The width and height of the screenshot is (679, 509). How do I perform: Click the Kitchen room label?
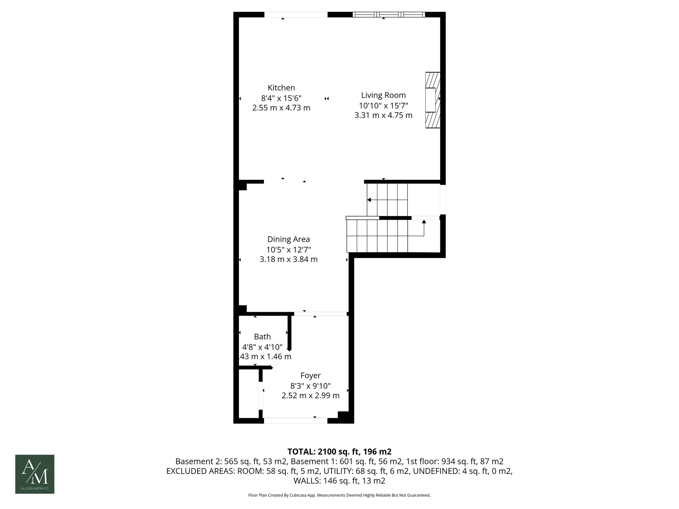click(281, 88)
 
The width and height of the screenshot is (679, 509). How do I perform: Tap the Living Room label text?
click(383, 95)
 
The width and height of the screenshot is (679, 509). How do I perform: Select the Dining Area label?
click(288, 239)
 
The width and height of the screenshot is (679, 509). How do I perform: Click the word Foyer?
click(310, 375)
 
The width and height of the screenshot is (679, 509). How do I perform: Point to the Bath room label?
click(262, 337)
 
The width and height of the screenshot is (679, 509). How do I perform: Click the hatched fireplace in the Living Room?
click(433, 100)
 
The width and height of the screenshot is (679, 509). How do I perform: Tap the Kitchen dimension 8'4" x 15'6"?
click(281, 98)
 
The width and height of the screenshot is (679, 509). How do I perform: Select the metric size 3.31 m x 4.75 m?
click(383, 115)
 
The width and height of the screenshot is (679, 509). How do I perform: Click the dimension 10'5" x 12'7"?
click(288, 250)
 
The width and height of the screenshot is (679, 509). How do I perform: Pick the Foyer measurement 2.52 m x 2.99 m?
click(310, 396)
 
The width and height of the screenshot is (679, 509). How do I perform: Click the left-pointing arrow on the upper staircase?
click(369, 200)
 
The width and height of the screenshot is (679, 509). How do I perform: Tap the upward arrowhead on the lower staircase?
click(424, 222)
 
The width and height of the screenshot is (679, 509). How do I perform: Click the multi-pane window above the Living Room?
click(389, 15)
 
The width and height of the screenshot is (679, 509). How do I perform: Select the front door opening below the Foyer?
click(295, 421)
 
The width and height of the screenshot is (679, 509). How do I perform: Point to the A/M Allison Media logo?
click(35, 474)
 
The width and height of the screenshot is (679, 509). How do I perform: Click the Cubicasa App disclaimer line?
click(339, 495)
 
